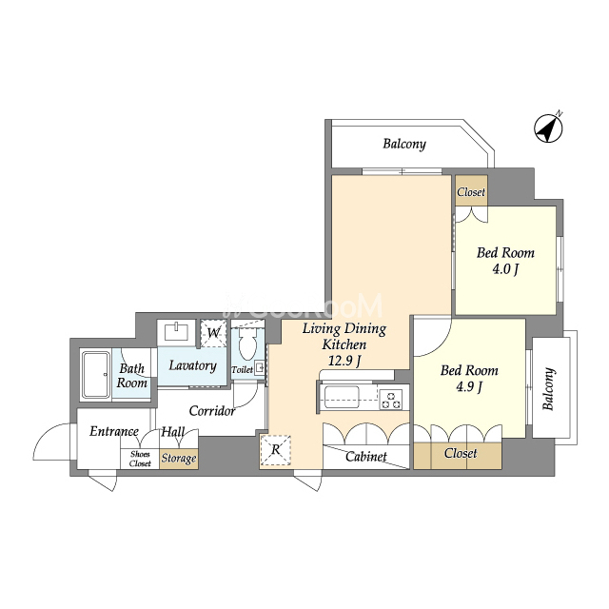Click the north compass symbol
[x=548, y=128]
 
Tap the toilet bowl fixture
[x=247, y=343]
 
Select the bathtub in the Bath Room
[x=95, y=375]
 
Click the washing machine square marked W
[x=213, y=333]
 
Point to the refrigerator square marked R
[x=275, y=450]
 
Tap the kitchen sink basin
[x=342, y=397]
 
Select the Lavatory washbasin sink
[x=177, y=332]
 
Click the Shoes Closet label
[x=140, y=459]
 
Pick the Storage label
[x=179, y=459]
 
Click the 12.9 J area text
[x=344, y=362]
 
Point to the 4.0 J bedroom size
[x=505, y=269]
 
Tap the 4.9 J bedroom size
[x=469, y=387]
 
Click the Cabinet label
[x=365, y=457]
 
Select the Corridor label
[x=212, y=411]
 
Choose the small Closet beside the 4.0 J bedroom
[x=471, y=190]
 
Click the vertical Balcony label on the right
[x=548, y=389]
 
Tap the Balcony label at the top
[x=404, y=144]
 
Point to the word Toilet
[x=243, y=370]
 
